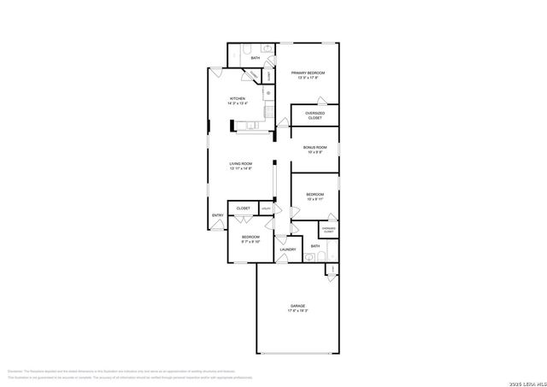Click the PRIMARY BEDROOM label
pyautogui.click(x=309, y=73)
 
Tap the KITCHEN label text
pyautogui.click(x=238, y=99)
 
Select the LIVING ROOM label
pyautogui.click(x=240, y=163)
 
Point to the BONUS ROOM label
pyautogui.click(x=315, y=148)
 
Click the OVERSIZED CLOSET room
pyautogui.click(x=315, y=114)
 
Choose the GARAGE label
pyautogui.click(x=297, y=305)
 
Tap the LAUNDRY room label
pyautogui.click(x=288, y=249)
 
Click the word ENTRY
pyautogui.click(x=218, y=215)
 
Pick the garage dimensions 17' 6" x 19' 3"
pyautogui.click(x=297, y=311)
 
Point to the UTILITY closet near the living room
pyautogui.click(x=266, y=232)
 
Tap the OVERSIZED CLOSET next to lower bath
pyautogui.click(x=328, y=230)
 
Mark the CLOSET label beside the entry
pyautogui.click(x=243, y=232)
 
